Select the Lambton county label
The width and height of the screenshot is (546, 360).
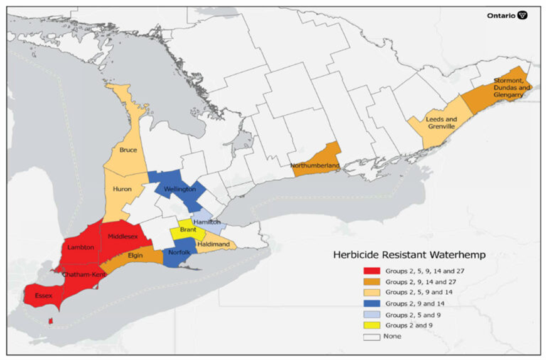click(x=82, y=247)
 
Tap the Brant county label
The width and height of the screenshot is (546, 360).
click(x=188, y=230)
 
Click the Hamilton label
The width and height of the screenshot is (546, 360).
click(x=206, y=222)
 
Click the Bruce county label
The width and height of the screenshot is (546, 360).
click(x=128, y=150)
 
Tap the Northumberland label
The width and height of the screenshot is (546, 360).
click(x=314, y=166)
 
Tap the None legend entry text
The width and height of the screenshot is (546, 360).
click(x=393, y=336)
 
